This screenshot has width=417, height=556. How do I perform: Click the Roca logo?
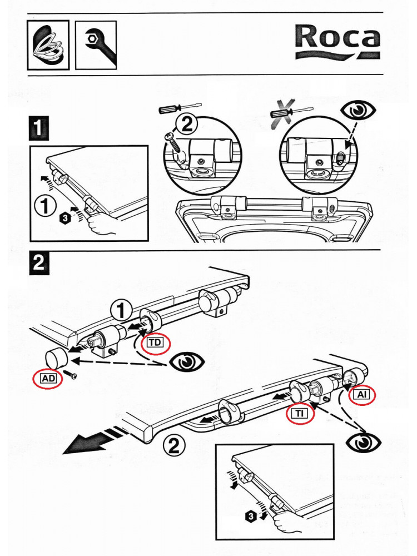point(337,41)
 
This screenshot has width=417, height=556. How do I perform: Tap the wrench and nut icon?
point(96,45)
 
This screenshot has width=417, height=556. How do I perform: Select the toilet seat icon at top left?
point(48,45)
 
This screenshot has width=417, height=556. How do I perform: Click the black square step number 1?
point(38,130)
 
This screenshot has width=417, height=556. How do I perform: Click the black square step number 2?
point(38,263)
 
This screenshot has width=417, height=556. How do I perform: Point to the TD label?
point(155,343)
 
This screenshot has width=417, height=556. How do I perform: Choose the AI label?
point(363,394)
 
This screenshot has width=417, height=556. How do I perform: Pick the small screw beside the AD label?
point(72,376)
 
